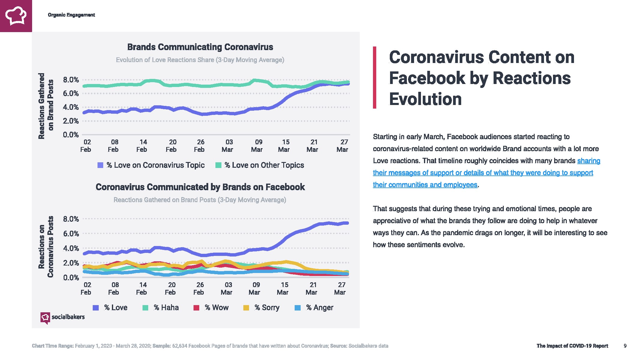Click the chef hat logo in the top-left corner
coord(16,16)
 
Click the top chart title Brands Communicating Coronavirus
coord(200,47)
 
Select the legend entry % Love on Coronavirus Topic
coord(151,165)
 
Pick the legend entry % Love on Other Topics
coord(260,165)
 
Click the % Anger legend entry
coord(314,307)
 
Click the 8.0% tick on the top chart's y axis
coord(71,80)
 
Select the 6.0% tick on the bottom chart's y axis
coord(71,234)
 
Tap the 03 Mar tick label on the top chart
coord(228,146)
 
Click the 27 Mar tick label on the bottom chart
coord(341,289)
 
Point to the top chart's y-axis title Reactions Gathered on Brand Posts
coord(46,106)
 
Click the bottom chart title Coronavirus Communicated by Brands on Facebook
coord(200,187)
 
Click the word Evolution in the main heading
coord(425,99)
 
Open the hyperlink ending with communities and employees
coord(425,185)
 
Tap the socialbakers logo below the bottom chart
coord(63,317)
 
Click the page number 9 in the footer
coord(625,346)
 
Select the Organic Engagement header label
coord(71,15)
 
